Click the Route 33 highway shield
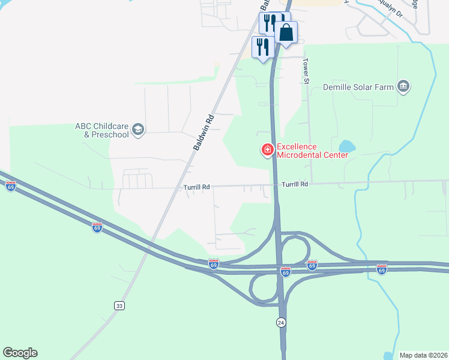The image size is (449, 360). tap(119, 306)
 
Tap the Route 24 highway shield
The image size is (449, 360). tap(281, 322)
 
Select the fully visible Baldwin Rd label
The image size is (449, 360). tap(204, 132)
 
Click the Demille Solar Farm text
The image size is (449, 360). tap(358, 88)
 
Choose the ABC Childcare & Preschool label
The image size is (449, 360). tap(101, 130)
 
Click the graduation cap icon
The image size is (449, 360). tap(138, 130)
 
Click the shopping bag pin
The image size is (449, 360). tap(286, 33)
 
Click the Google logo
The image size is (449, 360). tap(20, 353)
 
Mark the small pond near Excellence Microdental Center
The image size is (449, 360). tap(346, 146)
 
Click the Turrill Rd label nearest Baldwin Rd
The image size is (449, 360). tap(197, 187)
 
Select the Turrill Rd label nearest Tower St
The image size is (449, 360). tap(295, 184)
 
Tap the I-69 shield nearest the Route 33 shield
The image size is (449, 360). tap(97, 227)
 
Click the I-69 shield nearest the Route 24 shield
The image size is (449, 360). tap(286, 272)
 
